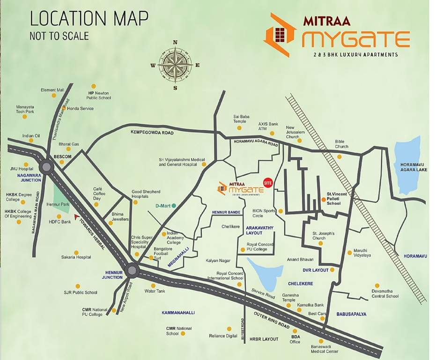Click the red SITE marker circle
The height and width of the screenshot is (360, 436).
(268, 182)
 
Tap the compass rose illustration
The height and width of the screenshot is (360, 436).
(175, 65)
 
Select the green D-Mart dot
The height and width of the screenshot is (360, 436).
(174, 205)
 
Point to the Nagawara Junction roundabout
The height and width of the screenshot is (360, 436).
(46, 166)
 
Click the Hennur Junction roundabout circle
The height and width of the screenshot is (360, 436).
(132, 270)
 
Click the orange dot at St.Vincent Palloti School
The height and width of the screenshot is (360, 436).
(323, 200)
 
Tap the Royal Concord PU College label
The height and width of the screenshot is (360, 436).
(263, 247)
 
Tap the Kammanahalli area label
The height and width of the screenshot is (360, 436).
(178, 312)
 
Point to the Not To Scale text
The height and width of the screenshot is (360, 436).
(59, 36)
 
